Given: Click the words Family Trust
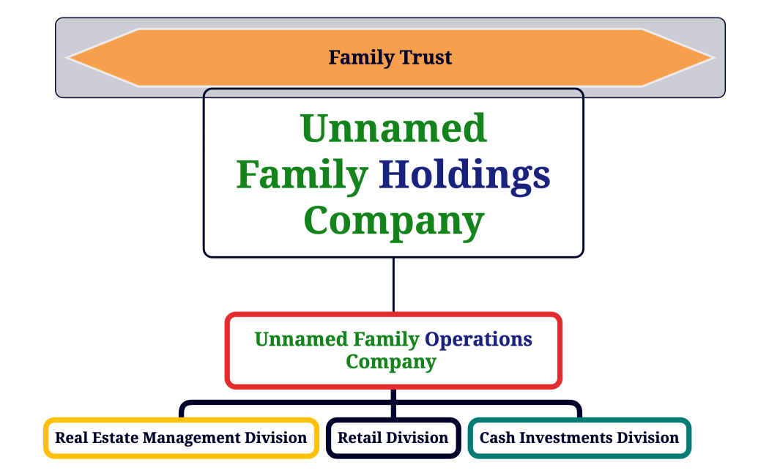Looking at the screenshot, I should (x=390, y=57).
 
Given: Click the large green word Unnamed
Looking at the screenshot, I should (x=393, y=129).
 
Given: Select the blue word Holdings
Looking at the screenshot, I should (x=464, y=175).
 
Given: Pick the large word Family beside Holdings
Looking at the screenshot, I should (x=302, y=175).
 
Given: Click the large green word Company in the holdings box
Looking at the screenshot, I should (x=393, y=220).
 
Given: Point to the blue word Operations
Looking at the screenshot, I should (x=479, y=340).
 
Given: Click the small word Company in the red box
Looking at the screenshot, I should (x=391, y=362).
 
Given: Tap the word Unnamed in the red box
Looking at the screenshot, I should (x=301, y=340).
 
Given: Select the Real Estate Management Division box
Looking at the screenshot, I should (x=181, y=438).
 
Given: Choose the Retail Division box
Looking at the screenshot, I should (x=393, y=438).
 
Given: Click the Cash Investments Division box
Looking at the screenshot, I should (x=579, y=438).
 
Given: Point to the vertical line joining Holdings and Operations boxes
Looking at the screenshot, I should (x=393, y=285).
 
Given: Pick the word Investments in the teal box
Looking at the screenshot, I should (x=565, y=438).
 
